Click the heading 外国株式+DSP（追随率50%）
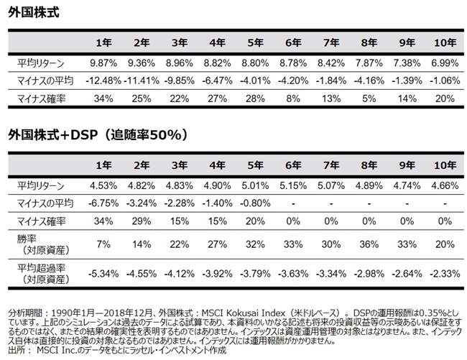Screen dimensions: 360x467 point(98,134)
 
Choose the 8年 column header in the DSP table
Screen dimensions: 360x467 point(369,167)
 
